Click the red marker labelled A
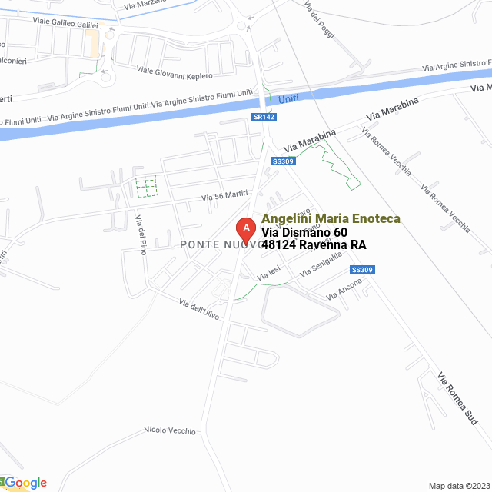[x=245, y=228]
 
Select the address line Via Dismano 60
[x=304, y=232]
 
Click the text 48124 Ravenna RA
[x=314, y=245]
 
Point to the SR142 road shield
[x=264, y=117]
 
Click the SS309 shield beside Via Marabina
[x=284, y=161]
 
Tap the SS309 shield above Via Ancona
[x=361, y=270]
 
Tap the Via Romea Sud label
[x=457, y=399]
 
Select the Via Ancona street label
[x=344, y=289]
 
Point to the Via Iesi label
[x=269, y=272]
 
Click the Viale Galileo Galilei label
[x=65, y=24]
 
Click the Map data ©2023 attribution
[x=457, y=486]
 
